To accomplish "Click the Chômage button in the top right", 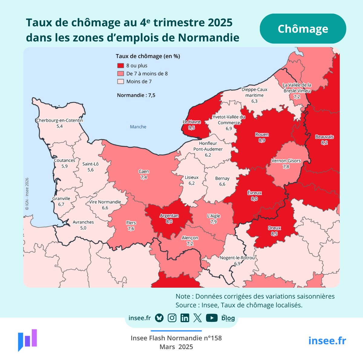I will click(x=303, y=29).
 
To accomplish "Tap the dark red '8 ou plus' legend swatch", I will click(x=121, y=66).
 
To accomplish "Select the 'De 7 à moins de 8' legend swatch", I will click(x=121, y=74).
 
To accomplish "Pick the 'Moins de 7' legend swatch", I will click(x=121, y=81).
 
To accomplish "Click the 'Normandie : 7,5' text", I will click(x=136, y=95).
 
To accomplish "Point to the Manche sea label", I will click(x=138, y=127).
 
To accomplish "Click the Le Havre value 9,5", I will click(x=191, y=128).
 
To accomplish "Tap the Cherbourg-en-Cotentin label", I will click(x=60, y=120).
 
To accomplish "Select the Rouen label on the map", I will click(x=262, y=135).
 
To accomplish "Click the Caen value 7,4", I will click(x=144, y=177).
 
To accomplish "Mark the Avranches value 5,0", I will click(x=83, y=228).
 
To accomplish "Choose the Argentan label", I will click(x=169, y=216).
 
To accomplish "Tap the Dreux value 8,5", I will click(x=274, y=234).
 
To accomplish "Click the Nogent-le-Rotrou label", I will click(x=237, y=258).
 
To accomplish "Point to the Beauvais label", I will click(x=324, y=137).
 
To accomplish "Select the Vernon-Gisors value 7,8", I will click(x=286, y=167).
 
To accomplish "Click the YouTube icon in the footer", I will click(x=212, y=318).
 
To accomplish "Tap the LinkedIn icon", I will click(x=185, y=318).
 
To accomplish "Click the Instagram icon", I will click(x=172, y=318).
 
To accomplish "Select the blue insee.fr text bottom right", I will click(x=327, y=341).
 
